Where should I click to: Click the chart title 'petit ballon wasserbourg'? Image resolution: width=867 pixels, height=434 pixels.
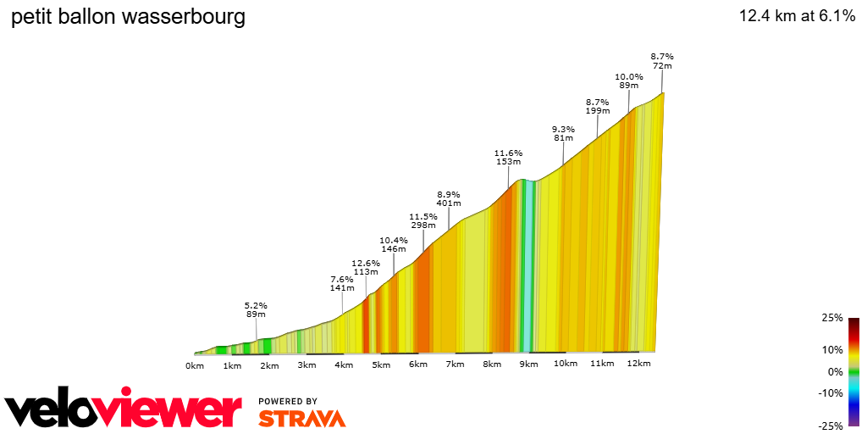point(128,17)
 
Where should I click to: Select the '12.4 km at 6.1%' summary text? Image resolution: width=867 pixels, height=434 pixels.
point(797,16)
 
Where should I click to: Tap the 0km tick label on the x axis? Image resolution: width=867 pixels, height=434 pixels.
point(195,365)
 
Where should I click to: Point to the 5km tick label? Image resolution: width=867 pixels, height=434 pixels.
point(380,365)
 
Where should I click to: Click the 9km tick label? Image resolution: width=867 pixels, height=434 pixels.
point(528,365)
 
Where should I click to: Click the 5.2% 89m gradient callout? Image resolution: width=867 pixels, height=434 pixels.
point(256,309)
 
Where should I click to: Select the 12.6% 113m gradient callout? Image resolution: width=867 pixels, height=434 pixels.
point(365,267)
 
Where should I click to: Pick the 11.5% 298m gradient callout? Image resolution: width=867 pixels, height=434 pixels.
point(422,221)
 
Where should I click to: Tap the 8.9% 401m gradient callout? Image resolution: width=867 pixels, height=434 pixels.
point(449,198)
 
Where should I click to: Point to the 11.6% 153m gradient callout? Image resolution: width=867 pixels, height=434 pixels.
point(508,157)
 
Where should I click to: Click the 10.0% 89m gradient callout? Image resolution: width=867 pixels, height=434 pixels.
point(628,81)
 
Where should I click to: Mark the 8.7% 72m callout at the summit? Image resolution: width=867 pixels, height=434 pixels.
point(662,61)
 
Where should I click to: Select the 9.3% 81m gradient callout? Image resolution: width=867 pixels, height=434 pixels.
point(563,133)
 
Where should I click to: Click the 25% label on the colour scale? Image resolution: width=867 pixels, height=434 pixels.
point(831,318)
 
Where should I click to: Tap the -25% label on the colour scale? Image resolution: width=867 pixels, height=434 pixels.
point(830,426)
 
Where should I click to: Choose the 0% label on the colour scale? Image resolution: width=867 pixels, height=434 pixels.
point(835,371)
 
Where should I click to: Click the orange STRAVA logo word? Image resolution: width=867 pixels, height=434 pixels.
point(301,419)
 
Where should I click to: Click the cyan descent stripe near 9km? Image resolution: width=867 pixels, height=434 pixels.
point(527,271)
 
